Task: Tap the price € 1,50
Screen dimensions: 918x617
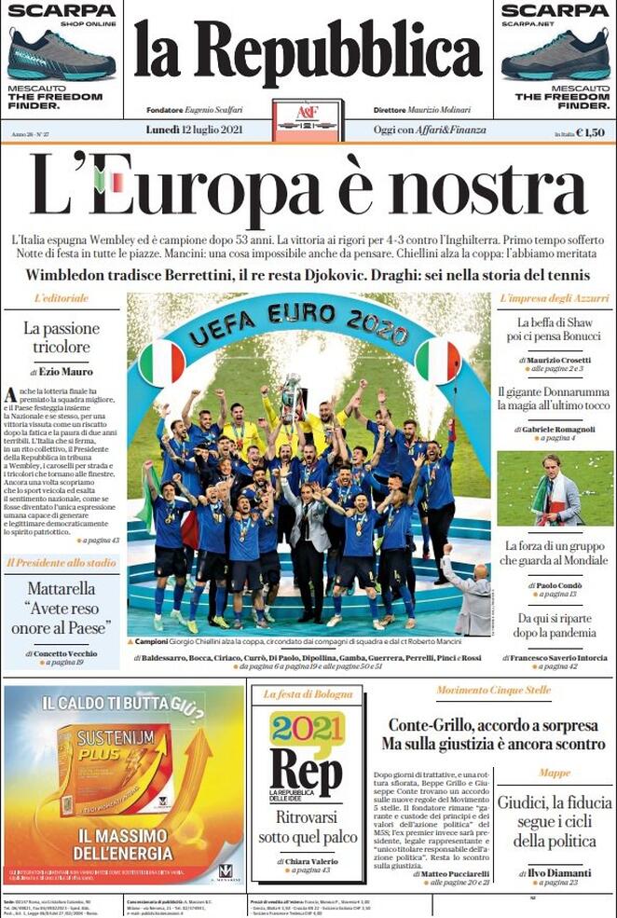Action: point(590,133)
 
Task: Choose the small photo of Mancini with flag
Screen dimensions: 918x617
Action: point(555,488)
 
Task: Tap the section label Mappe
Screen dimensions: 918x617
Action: point(554,774)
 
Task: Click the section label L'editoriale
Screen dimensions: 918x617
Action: point(62,298)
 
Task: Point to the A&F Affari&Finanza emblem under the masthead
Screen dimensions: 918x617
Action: point(308,117)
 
